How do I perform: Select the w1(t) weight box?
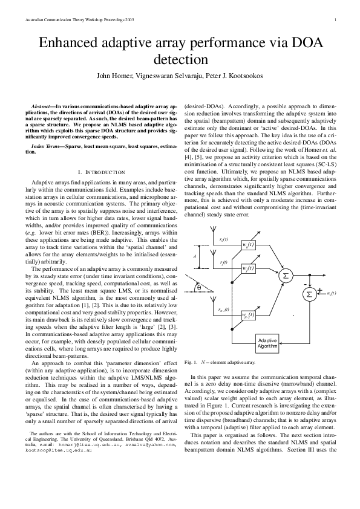(x=247, y=267)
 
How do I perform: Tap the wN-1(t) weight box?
(x=247, y=314)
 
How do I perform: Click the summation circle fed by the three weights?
(x=284, y=276)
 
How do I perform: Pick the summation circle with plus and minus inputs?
(x=309, y=293)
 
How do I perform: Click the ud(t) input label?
(x=332, y=294)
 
